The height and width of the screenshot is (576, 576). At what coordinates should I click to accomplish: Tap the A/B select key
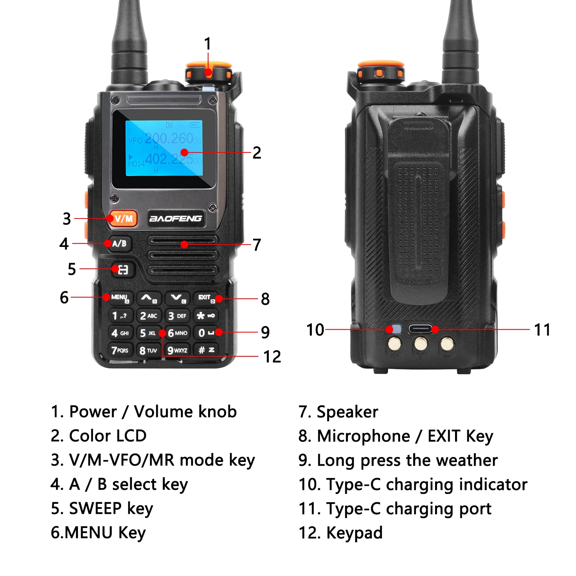click(x=119, y=243)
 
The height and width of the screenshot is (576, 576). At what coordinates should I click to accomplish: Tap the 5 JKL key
click(x=148, y=333)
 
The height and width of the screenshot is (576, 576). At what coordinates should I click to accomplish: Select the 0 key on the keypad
click(x=206, y=333)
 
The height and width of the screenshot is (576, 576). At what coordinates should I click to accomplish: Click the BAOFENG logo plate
click(x=175, y=218)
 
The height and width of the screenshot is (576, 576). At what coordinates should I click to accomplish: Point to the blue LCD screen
click(x=164, y=148)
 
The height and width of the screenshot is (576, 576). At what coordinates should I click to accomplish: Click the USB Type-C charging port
click(x=420, y=329)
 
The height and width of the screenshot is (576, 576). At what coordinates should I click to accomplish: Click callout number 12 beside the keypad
click(x=272, y=357)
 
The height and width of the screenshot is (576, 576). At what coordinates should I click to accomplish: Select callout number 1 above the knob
click(x=208, y=44)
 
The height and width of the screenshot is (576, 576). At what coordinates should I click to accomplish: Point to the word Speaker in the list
click(x=348, y=412)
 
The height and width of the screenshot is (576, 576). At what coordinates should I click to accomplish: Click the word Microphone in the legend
click(x=364, y=436)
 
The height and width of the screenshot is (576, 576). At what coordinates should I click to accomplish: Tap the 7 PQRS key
click(x=120, y=350)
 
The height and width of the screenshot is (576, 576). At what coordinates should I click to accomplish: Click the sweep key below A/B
click(x=122, y=270)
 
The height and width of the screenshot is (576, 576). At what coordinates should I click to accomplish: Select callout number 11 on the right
click(x=542, y=330)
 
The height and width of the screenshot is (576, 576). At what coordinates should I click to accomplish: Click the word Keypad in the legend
click(x=354, y=533)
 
